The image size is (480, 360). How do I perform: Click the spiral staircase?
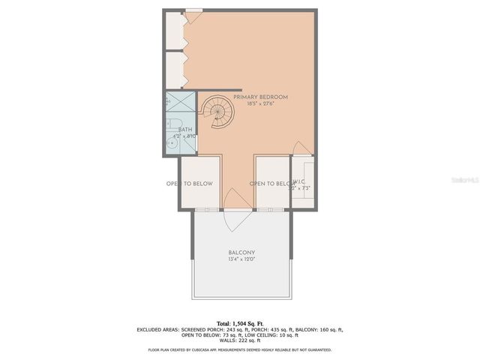click(x=217, y=112)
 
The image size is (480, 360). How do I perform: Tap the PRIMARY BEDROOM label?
click(x=260, y=97)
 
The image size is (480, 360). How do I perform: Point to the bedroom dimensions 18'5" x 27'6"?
click(x=260, y=104)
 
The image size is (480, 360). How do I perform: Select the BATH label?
click(x=184, y=130)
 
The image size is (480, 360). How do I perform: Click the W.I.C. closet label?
click(x=298, y=181)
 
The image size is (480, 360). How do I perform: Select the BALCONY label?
click(x=241, y=253)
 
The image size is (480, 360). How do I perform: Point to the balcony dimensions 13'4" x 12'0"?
click(x=241, y=259)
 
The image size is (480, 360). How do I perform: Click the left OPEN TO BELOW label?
click(x=189, y=184)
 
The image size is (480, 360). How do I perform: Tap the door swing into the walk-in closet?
click(x=298, y=148)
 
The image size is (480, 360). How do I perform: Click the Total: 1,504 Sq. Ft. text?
click(x=240, y=321)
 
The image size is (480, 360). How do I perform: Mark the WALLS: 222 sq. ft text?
click(x=240, y=342)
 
